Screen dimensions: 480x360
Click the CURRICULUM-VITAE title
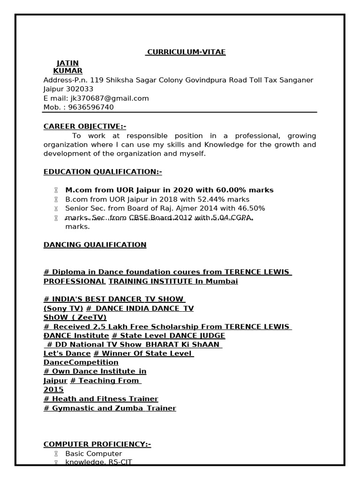[186, 52]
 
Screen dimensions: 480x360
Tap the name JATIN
[67, 63]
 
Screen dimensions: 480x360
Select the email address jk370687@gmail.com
[109, 98]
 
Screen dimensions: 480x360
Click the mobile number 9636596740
[91, 107]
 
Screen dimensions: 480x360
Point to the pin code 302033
[81, 89]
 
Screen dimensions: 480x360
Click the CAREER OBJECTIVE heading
[85, 127]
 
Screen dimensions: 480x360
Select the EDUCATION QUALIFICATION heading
[103, 172]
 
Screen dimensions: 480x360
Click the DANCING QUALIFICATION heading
[95, 245]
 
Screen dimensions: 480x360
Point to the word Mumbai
[222, 281]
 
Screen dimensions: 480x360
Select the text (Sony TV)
[63, 308]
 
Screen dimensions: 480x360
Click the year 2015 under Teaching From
[53, 390]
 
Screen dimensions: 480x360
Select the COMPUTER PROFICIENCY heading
[97, 444]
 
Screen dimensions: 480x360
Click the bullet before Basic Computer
[56, 454]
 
